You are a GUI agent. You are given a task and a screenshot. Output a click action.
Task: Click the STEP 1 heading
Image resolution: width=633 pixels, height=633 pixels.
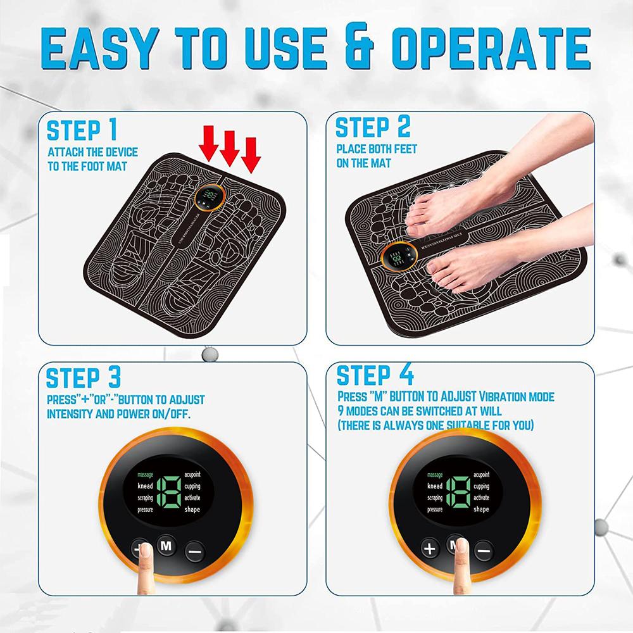(82, 130)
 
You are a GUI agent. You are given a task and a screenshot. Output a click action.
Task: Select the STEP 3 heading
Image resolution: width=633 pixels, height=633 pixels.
(84, 378)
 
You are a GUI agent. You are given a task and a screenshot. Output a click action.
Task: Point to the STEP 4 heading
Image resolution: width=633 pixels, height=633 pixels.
(375, 375)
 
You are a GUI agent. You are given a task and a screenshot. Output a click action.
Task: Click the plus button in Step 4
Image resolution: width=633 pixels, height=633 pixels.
(430, 549)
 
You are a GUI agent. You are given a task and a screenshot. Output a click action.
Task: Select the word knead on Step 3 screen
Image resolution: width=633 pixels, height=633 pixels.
(146, 487)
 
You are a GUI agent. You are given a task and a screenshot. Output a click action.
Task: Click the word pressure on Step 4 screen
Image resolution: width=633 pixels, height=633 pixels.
(434, 509)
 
